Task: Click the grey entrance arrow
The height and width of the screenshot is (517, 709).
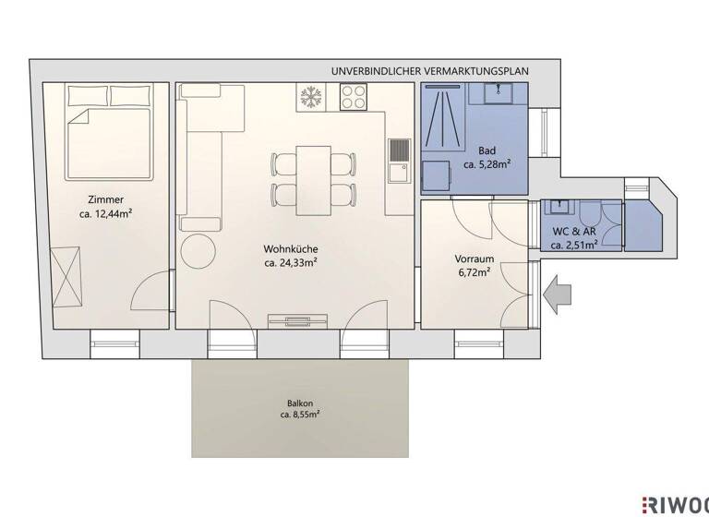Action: click(x=559, y=295)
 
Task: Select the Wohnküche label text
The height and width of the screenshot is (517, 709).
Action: click(x=291, y=248)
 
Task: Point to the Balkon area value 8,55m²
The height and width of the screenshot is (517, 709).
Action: click(x=300, y=415)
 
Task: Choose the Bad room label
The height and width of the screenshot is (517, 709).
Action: click(x=487, y=150)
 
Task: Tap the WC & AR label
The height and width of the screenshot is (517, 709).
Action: click(x=574, y=231)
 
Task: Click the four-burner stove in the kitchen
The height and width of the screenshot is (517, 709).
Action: click(x=353, y=95)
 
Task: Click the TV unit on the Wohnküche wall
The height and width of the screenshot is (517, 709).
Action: click(x=297, y=320)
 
